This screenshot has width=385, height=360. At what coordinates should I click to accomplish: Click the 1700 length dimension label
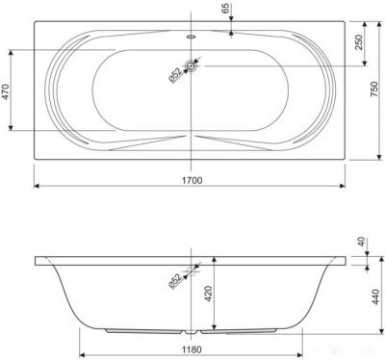click(x=192, y=180)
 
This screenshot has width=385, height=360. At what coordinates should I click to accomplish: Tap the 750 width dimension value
click(x=374, y=90)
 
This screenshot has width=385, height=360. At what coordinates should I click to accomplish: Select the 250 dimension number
click(x=358, y=42)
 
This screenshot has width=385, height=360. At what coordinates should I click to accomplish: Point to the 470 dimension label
click(x=6, y=91)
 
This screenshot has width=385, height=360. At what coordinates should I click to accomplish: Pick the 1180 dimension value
click(x=192, y=349)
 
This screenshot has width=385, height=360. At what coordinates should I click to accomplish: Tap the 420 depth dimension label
click(x=209, y=294)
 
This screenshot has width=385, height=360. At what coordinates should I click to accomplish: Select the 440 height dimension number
click(x=374, y=296)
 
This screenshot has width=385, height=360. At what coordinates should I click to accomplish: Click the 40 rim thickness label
click(x=361, y=242)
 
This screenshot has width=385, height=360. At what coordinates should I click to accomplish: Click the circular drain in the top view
click(x=191, y=66)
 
